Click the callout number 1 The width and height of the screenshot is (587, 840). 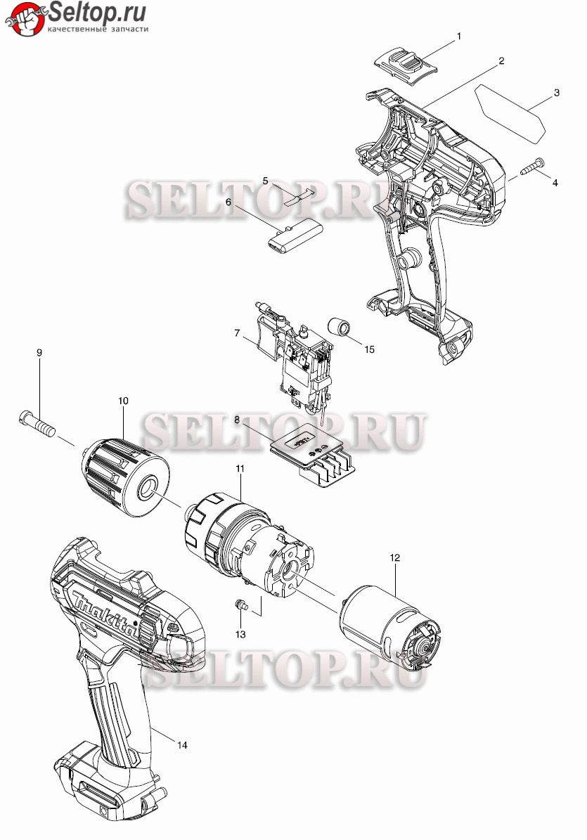(x=458, y=37)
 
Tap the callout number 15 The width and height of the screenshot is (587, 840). (x=370, y=349)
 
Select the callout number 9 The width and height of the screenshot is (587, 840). (x=39, y=352)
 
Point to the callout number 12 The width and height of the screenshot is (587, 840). (x=394, y=557)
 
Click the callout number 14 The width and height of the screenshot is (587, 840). (x=183, y=745)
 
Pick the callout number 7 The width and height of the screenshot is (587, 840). (x=237, y=332)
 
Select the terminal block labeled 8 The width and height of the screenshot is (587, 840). (x=314, y=456)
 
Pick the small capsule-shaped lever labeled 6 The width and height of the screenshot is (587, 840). (x=295, y=235)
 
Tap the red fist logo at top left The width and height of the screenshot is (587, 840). (x=24, y=19)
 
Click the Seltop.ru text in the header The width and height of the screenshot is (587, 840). (x=97, y=12)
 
